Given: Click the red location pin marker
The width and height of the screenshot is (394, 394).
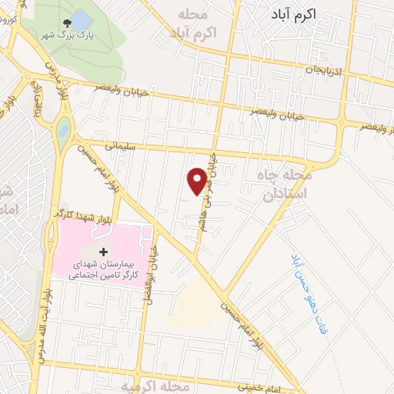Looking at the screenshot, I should pyautogui.click(x=198, y=180).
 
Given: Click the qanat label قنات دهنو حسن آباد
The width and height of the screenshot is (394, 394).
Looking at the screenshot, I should pyautogui.click(x=307, y=296).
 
